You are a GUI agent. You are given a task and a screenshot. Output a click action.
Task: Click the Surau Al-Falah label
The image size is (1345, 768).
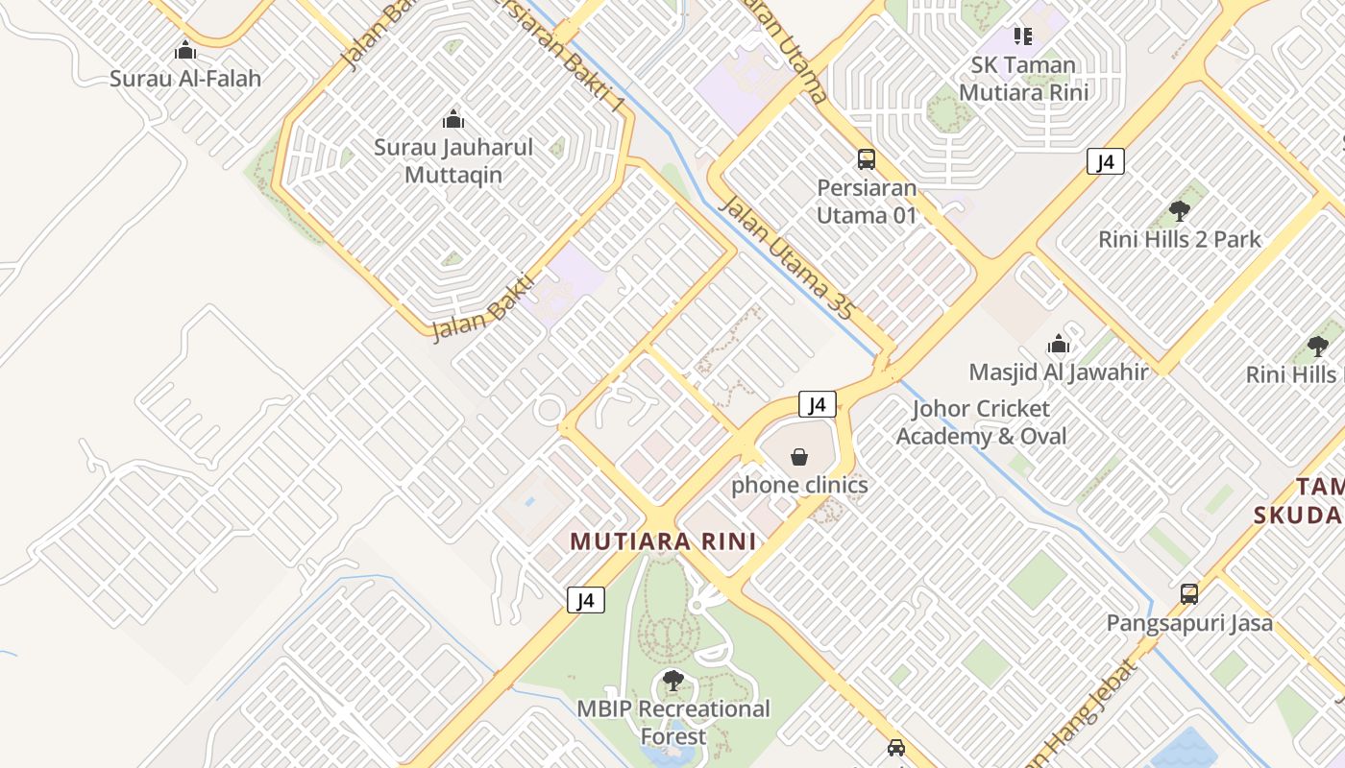185,79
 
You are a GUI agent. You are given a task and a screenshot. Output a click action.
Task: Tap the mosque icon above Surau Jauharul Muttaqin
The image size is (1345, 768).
452,120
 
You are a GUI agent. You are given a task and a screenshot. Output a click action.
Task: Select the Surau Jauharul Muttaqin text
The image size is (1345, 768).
452,161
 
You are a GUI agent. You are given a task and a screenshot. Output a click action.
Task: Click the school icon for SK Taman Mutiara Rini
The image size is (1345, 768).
1023,36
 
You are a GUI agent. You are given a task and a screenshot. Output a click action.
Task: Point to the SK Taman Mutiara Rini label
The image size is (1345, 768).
1023,79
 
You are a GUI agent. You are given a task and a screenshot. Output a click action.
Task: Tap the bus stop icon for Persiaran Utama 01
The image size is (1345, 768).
867,159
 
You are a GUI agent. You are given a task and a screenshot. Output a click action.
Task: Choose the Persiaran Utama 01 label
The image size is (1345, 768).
867,201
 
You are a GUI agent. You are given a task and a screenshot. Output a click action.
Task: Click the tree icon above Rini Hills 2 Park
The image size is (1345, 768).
1180,211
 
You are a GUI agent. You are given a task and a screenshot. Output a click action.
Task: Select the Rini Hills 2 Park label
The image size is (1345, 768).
1180,239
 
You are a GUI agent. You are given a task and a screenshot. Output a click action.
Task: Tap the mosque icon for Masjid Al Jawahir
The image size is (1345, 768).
1059,344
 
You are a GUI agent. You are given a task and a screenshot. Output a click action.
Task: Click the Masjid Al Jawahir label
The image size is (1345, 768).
1059,372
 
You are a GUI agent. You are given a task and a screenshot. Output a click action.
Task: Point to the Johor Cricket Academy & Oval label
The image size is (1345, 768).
981,422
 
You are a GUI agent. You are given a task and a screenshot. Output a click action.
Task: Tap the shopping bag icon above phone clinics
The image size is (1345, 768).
799,457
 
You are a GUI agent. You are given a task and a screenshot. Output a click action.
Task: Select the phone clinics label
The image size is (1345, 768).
799,485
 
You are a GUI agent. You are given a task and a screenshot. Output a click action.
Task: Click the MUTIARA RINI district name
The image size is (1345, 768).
663,541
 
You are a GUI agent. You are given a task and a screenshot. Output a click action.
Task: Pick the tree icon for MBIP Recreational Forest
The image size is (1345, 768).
673,681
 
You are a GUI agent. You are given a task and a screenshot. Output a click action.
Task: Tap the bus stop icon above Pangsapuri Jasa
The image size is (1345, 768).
1189,594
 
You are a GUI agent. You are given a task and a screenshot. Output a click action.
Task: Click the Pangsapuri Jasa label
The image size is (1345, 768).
1189,623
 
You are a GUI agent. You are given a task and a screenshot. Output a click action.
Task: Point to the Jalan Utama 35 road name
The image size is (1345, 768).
786,257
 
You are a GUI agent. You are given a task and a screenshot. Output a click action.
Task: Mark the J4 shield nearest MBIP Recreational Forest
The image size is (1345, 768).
586,601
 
